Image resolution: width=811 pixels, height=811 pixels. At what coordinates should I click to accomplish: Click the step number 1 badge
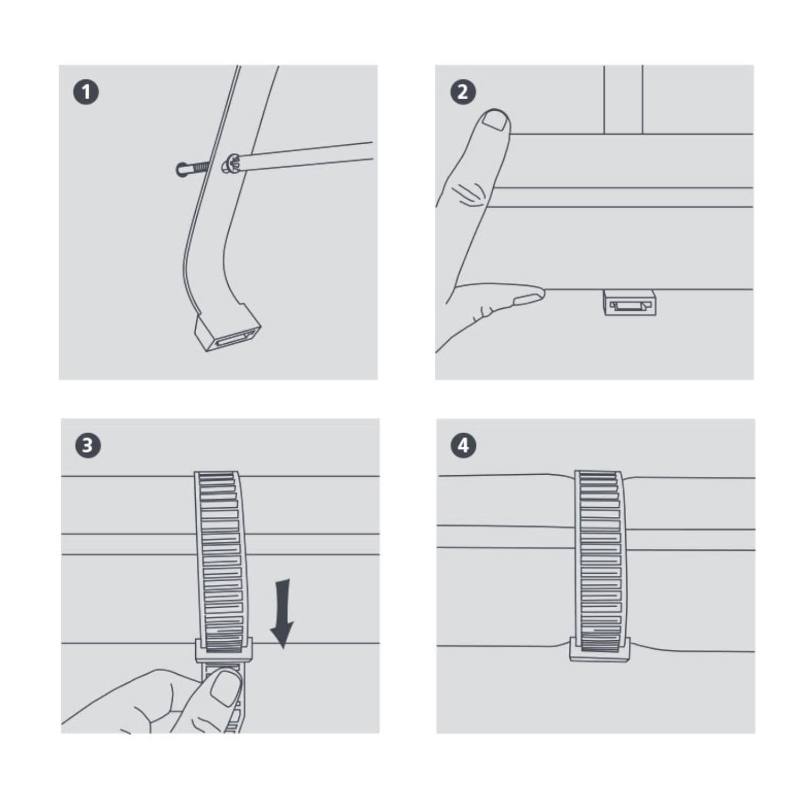click(x=86, y=92)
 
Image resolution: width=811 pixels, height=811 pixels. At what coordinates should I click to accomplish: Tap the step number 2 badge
click(x=463, y=92)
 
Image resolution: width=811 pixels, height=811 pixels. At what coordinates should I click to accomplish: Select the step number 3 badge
click(x=88, y=446)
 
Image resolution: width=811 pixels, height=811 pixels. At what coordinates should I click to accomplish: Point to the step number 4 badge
click(x=463, y=446)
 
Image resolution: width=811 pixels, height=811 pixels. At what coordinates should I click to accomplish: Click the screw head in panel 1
click(x=231, y=164)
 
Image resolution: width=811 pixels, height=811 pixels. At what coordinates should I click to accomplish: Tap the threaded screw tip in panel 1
click(x=191, y=169)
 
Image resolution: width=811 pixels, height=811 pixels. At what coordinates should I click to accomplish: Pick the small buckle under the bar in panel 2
click(x=629, y=303)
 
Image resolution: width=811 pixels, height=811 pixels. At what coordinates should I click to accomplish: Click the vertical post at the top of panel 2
click(x=623, y=99)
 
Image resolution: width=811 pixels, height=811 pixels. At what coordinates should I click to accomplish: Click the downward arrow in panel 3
click(x=282, y=614)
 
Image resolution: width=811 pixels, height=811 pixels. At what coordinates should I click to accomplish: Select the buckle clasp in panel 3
click(x=223, y=649)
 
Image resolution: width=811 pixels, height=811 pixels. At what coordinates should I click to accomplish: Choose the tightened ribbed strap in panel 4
click(x=599, y=560)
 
